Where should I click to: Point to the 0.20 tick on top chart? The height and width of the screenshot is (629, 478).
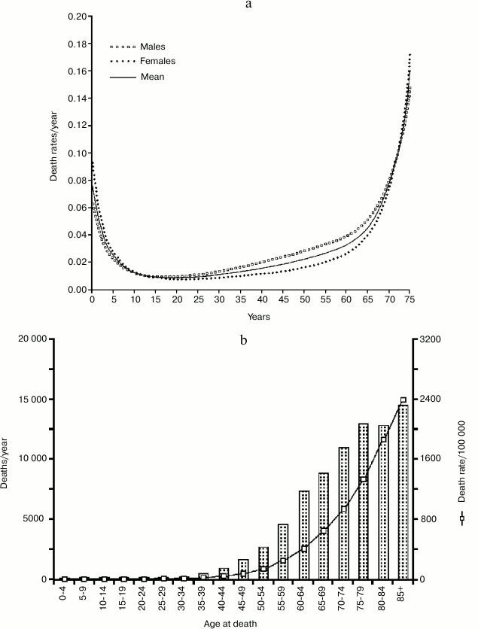(x=73, y=17)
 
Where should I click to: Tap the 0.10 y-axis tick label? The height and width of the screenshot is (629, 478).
(x=73, y=153)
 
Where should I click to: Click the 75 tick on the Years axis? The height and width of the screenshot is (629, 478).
(x=412, y=299)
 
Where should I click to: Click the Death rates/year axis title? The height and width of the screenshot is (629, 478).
(x=53, y=153)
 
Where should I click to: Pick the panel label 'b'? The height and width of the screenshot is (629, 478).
(x=243, y=340)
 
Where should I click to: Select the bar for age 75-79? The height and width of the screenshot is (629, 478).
(x=363, y=501)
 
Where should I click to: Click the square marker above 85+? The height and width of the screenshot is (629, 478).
(x=403, y=400)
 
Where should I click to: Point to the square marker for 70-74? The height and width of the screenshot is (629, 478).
(x=343, y=509)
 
